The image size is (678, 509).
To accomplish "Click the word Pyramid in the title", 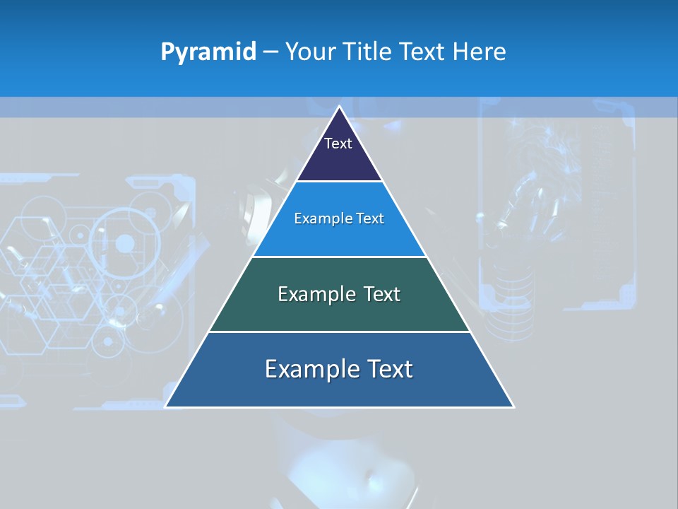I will (x=208, y=52).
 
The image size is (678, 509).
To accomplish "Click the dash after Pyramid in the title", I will (x=270, y=52).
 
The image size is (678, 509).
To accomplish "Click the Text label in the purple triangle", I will (x=338, y=144).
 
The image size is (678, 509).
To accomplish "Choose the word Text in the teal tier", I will (x=382, y=294).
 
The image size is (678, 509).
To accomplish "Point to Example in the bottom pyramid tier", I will (x=311, y=369).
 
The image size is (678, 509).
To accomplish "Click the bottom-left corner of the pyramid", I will (x=165, y=406).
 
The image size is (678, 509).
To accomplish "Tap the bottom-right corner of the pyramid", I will (x=513, y=406).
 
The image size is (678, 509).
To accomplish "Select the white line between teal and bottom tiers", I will (x=340, y=332).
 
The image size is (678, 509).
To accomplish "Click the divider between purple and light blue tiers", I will (x=340, y=182).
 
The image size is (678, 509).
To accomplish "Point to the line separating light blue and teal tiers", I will (x=340, y=257).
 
